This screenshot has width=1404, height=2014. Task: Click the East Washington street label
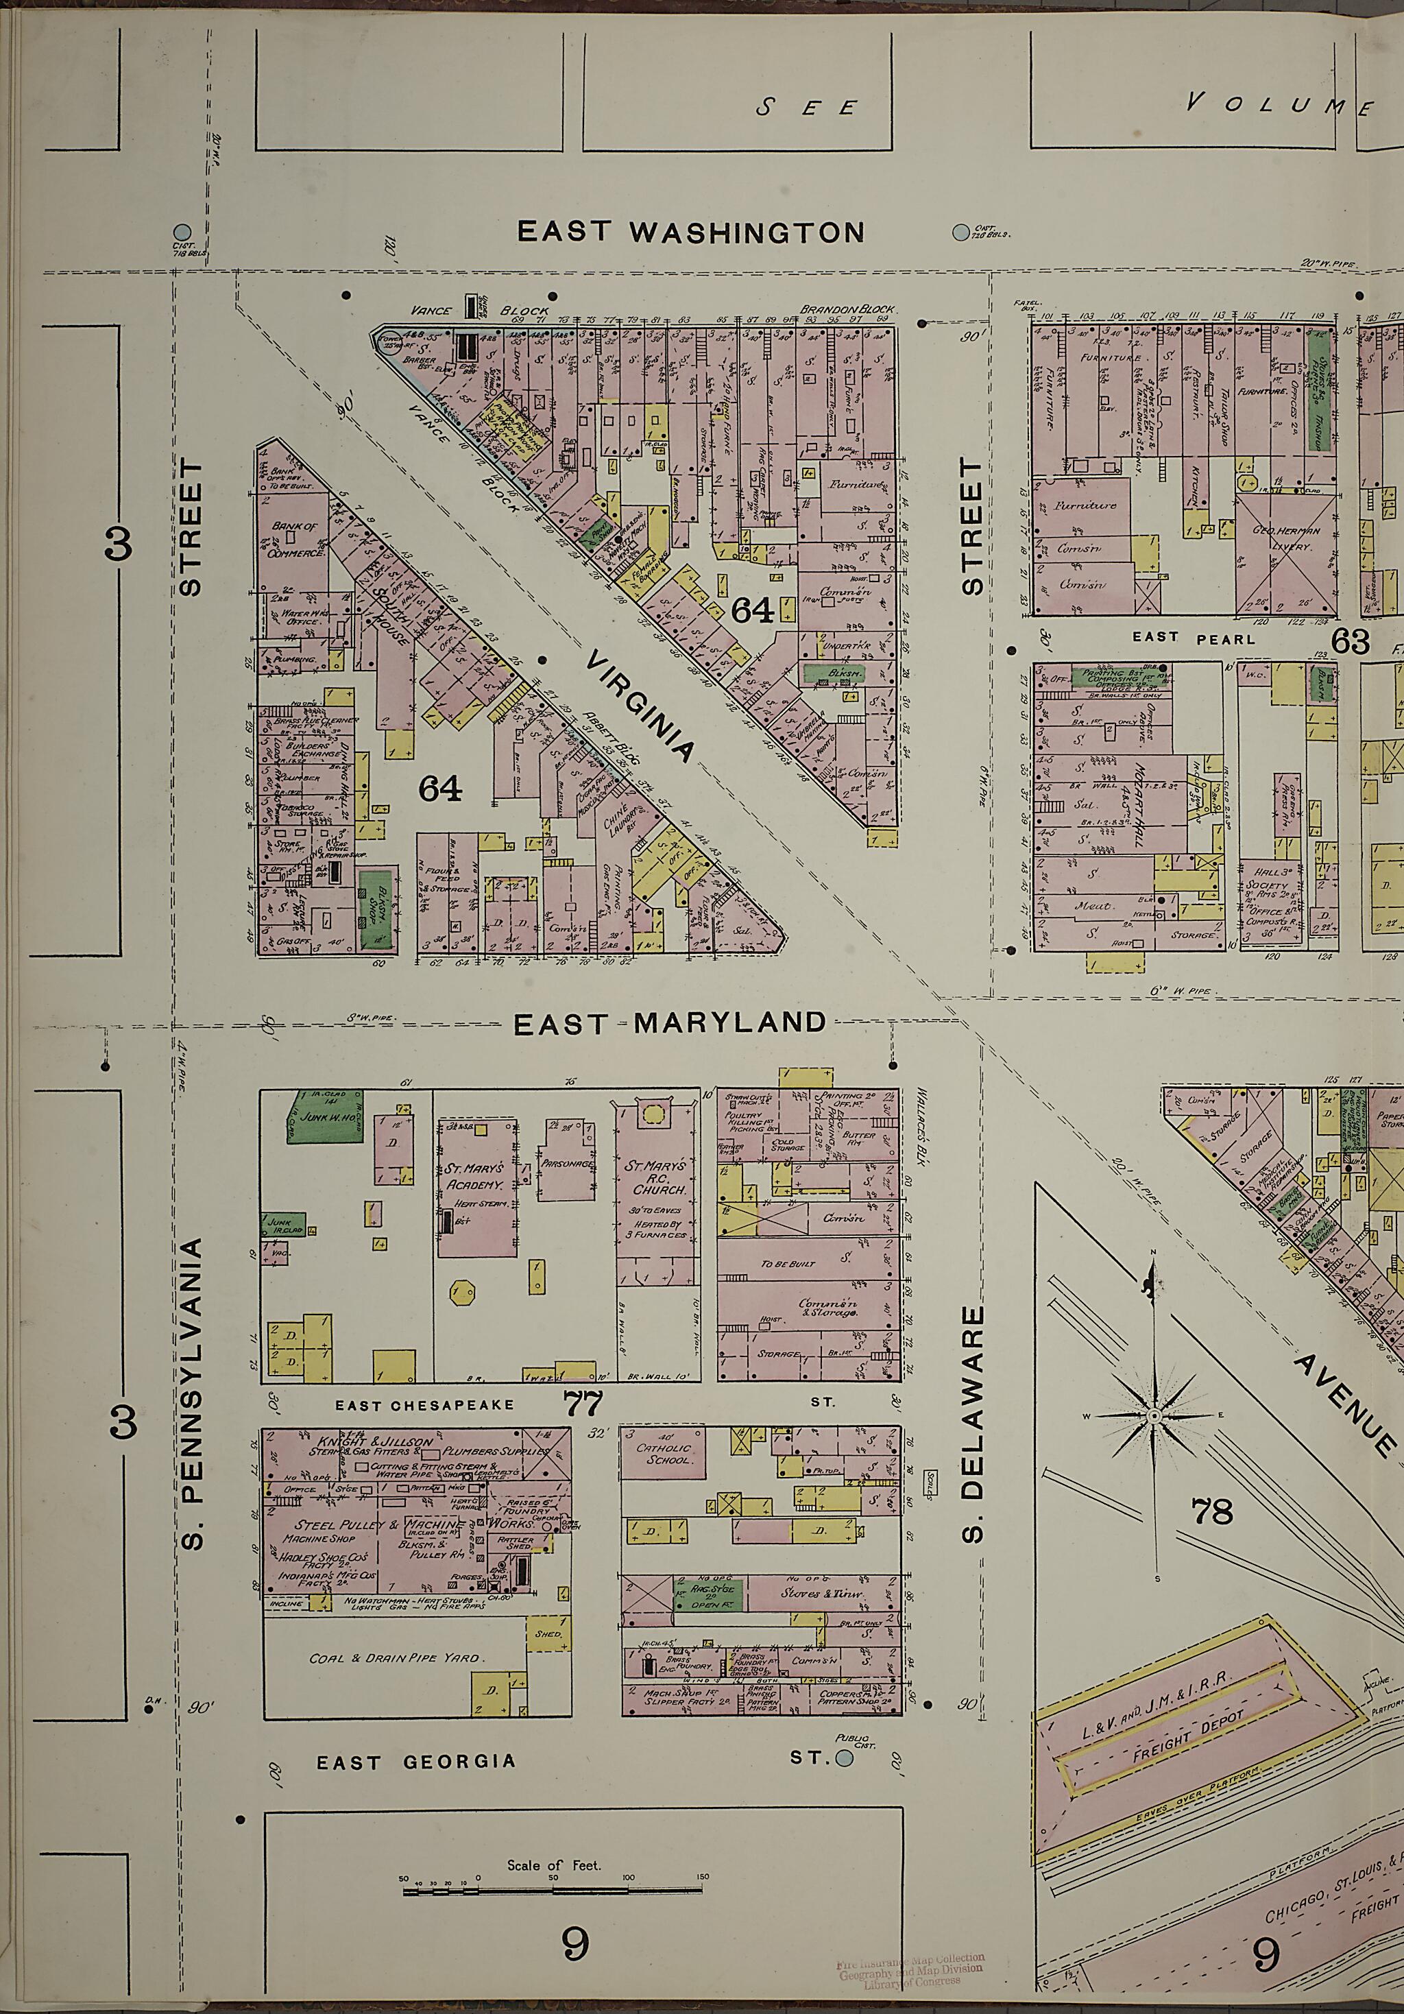coord(690,232)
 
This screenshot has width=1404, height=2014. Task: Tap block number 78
coord(1213,1511)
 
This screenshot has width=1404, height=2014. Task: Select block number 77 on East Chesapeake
coord(583,1404)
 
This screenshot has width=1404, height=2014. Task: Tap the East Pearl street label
coord(1194,638)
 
